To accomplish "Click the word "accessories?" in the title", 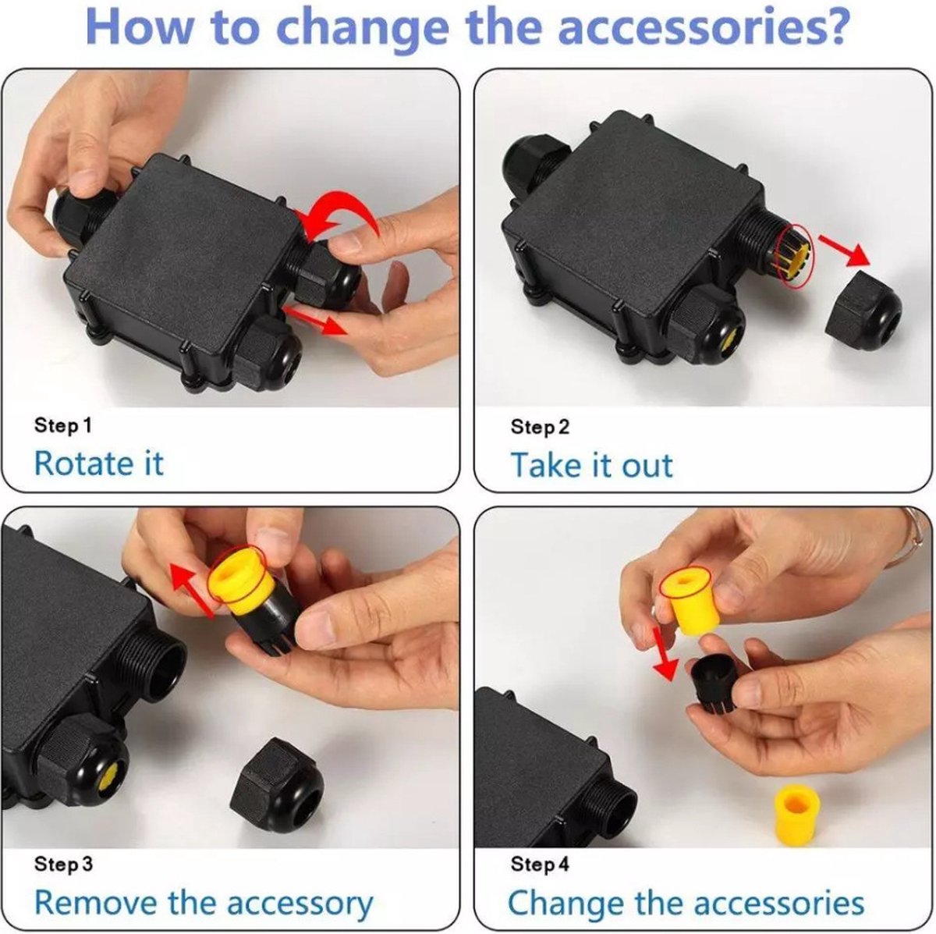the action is click(x=704, y=27).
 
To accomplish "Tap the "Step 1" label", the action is click(x=62, y=426).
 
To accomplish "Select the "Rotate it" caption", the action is click(x=99, y=463).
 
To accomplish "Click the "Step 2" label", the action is click(x=540, y=427).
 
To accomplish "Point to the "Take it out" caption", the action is click(x=591, y=464).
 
